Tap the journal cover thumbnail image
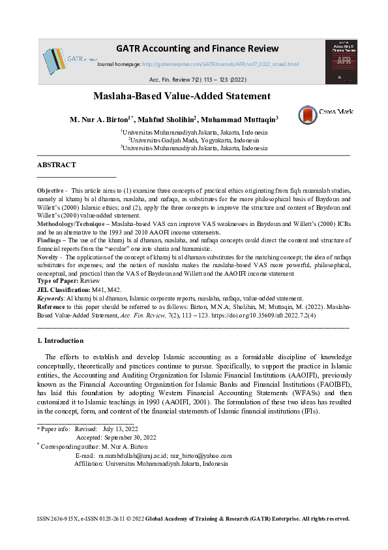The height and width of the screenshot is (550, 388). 341,61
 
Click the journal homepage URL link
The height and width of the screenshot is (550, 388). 220,64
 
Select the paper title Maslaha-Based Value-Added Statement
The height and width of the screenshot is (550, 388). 181,96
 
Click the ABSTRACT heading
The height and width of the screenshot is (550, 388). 56,165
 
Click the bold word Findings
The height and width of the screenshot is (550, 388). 50,240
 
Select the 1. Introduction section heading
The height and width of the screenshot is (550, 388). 60,341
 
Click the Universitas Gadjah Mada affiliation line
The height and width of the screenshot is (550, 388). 194,140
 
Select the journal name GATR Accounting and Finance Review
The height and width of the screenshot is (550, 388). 197,49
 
